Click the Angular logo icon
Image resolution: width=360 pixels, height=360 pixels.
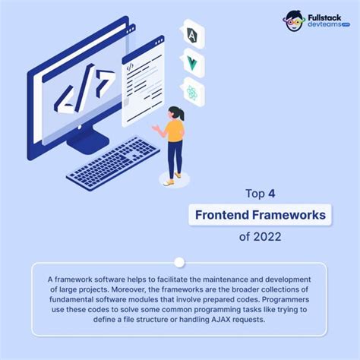point(192,34)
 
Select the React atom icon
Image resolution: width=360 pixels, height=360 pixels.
point(192,93)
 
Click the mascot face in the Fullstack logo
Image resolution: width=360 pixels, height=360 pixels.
point(295,21)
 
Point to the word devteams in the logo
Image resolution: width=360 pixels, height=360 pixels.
point(324,25)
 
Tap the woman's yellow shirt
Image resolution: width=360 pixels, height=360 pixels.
point(175,131)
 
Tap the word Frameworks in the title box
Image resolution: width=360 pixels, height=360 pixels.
point(292,215)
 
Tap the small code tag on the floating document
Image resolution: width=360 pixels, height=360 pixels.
point(130,67)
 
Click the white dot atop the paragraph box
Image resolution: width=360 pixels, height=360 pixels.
point(179,263)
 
